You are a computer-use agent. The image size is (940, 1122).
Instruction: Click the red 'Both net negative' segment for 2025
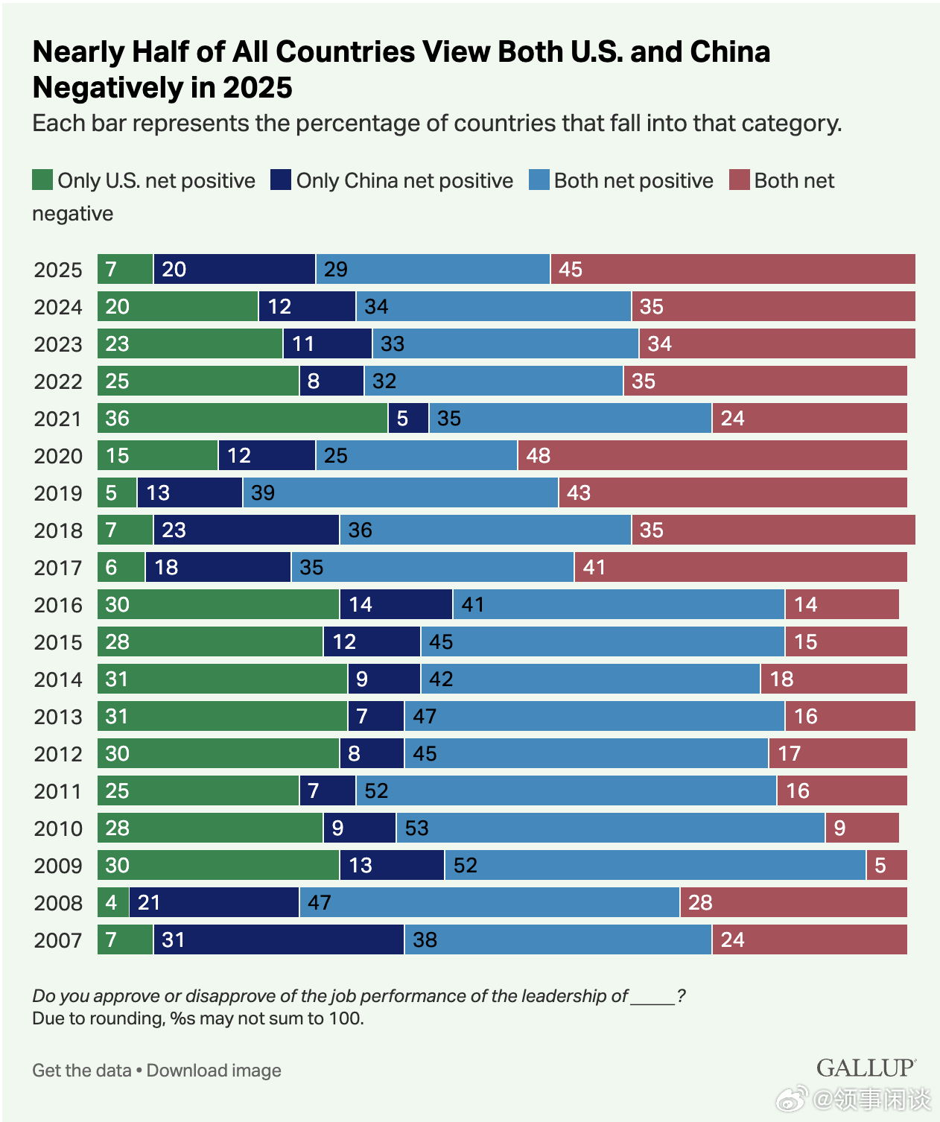[x=733, y=269]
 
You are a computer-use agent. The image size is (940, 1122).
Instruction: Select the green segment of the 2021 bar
[x=242, y=418]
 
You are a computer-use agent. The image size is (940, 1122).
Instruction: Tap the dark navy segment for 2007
[x=279, y=939]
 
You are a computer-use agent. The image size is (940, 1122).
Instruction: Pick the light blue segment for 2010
[x=610, y=828]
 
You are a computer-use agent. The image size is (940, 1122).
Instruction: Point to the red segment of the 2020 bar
[x=712, y=455]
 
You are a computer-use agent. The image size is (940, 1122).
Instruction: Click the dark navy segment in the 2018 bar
[x=246, y=530]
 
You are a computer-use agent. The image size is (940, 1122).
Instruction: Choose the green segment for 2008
[x=112, y=902]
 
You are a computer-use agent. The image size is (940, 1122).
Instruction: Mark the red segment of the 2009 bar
[x=886, y=865]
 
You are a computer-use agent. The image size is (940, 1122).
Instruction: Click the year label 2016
[x=58, y=605]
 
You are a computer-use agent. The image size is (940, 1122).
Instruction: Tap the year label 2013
[x=58, y=717]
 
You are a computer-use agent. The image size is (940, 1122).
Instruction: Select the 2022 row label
[x=58, y=381]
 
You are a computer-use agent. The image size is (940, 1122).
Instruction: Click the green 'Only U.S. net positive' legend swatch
[x=42, y=180]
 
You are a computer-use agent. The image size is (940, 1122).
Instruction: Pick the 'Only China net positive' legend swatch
[x=281, y=180]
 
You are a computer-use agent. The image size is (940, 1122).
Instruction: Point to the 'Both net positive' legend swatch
[x=539, y=180]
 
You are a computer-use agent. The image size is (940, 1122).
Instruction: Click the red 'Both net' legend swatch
[x=739, y=180]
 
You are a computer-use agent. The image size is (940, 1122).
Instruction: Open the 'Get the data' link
[x=82, y=1071]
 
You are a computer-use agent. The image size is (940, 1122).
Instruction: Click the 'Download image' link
[x=214, y=1071]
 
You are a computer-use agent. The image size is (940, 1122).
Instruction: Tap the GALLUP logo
[x=866, y=1068]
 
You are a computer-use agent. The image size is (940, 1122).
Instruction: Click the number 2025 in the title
[x=257, y=88]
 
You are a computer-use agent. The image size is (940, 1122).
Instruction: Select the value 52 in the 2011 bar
[x=376, y=790]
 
